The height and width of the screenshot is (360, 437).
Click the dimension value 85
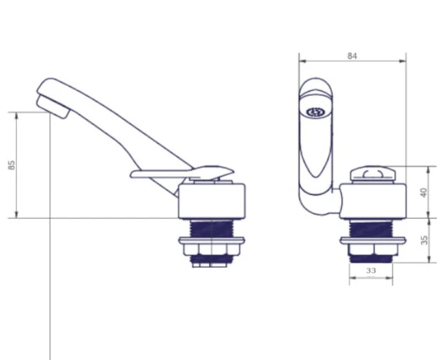tap(11, 165)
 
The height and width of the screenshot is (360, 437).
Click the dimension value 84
tap(352, 56)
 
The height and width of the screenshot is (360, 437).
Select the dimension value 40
tap(424, 192)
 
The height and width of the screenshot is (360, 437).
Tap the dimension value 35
tap(424, 240)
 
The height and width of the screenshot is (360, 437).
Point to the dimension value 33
tap(371, 271)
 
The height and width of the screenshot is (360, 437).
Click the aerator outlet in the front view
tap(316, 112)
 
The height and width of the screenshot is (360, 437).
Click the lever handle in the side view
tap(182, 173)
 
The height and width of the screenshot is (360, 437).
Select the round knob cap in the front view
tap(373, 173)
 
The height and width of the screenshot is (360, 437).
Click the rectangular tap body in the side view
tap(212, 201)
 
